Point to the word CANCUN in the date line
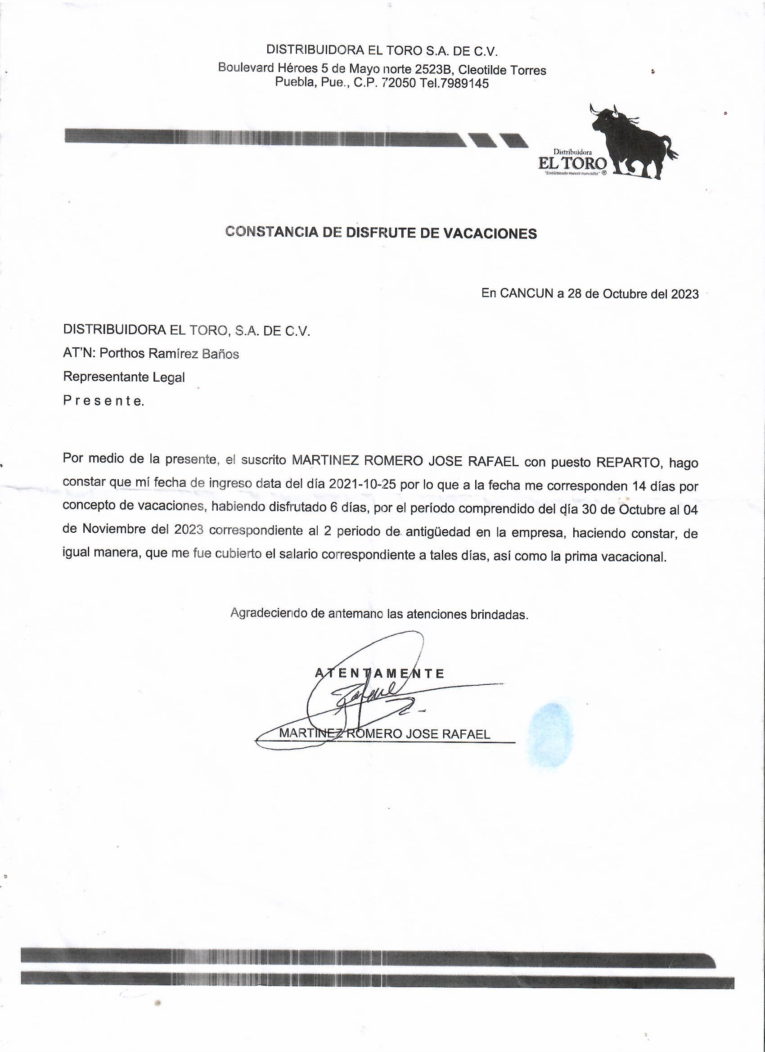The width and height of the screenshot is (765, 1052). tap(526, 294)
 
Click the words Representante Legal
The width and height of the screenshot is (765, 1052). tap(124, 377)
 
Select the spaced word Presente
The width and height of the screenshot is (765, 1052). tap(103, 401)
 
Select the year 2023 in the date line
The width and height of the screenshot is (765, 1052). tap(685, 295)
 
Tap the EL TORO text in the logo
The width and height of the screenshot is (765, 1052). tap(572, 163)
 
